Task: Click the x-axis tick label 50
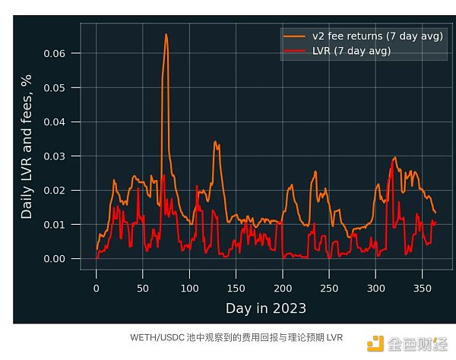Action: [x=143, y=289]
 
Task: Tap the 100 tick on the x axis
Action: [x=189, y=289]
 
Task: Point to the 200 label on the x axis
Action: [x=282, y=289]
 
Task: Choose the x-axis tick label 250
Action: [x=329, y=289]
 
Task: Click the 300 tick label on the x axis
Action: [x=375, y=289]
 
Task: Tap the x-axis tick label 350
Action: [x=422, y=289]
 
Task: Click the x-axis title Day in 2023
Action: [x=265, y=308]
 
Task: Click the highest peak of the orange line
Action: [x=166, y=34]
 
